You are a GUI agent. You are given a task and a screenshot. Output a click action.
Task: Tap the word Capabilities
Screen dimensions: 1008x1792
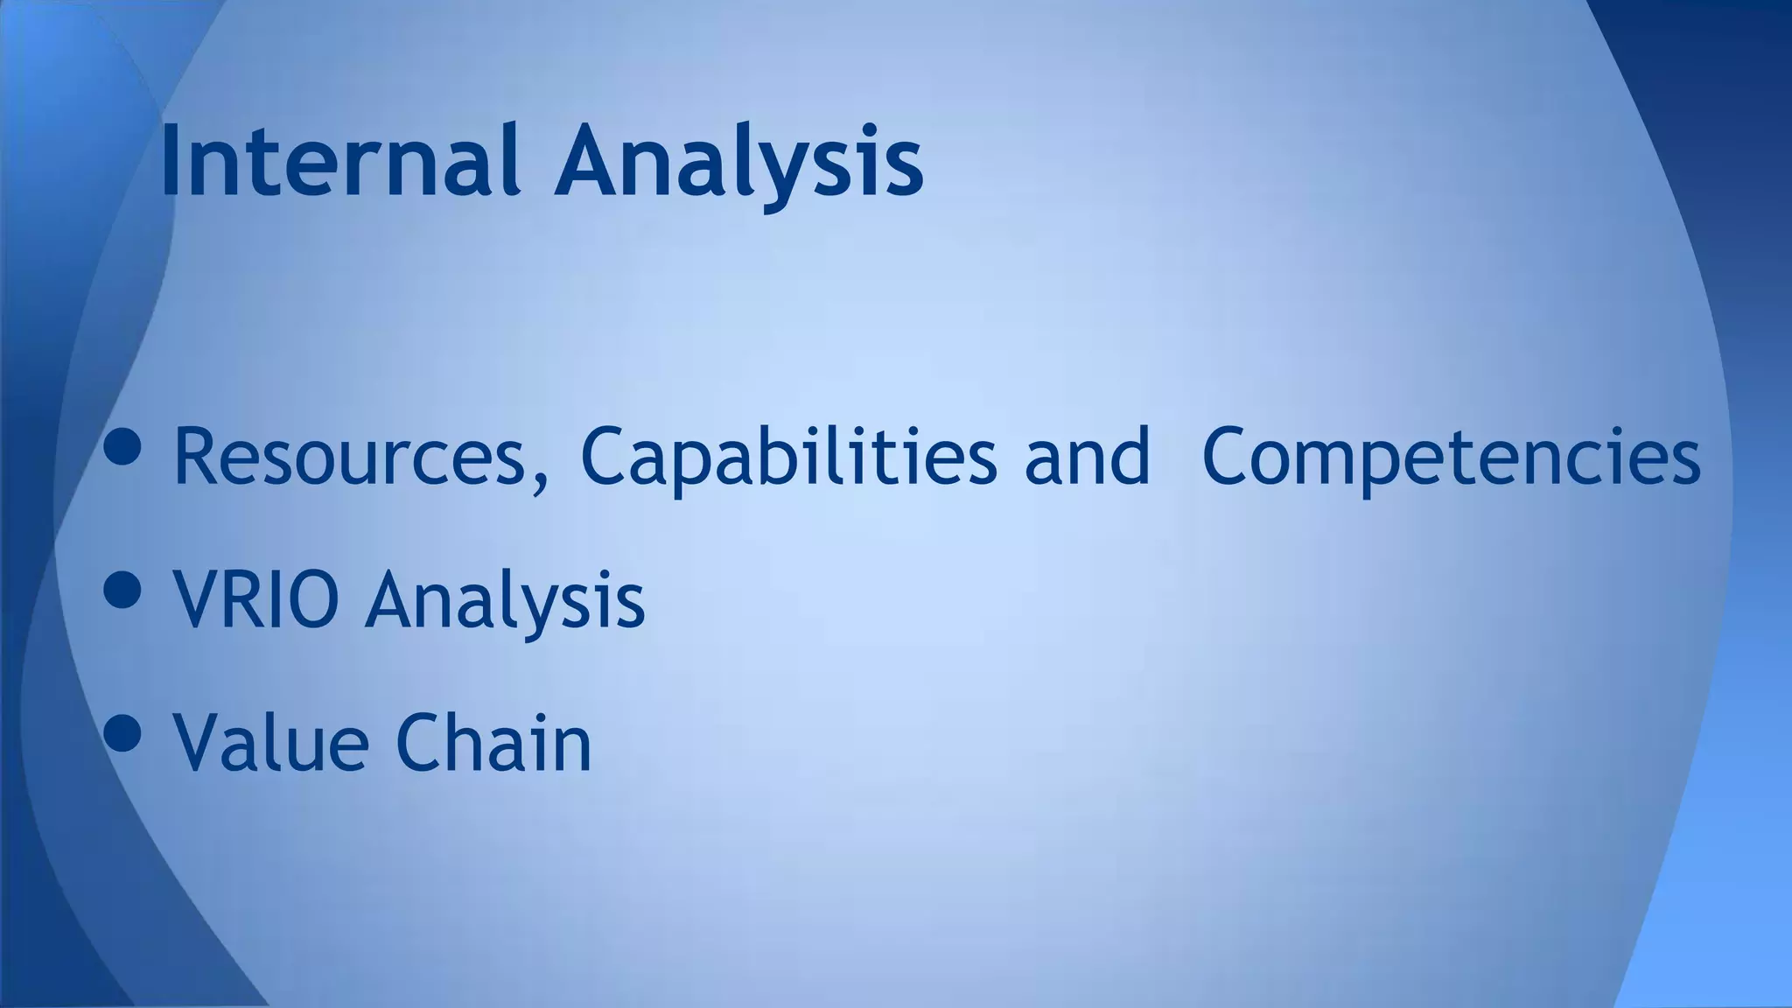coord(787,458)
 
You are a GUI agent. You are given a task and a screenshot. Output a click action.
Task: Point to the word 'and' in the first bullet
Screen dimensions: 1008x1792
coord(1087,456)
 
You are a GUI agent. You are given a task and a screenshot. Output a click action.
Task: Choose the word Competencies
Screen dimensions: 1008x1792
coord(1452,458)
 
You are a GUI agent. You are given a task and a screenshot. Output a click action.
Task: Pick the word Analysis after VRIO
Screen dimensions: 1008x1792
coord(505,601)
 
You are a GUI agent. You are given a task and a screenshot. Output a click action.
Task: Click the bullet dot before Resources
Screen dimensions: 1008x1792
coord(122,447)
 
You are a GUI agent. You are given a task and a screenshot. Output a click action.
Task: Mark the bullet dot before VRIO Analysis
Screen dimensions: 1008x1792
coord(122,590)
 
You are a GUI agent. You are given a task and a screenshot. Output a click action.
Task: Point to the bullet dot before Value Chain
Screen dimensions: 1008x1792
coord(122,732)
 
